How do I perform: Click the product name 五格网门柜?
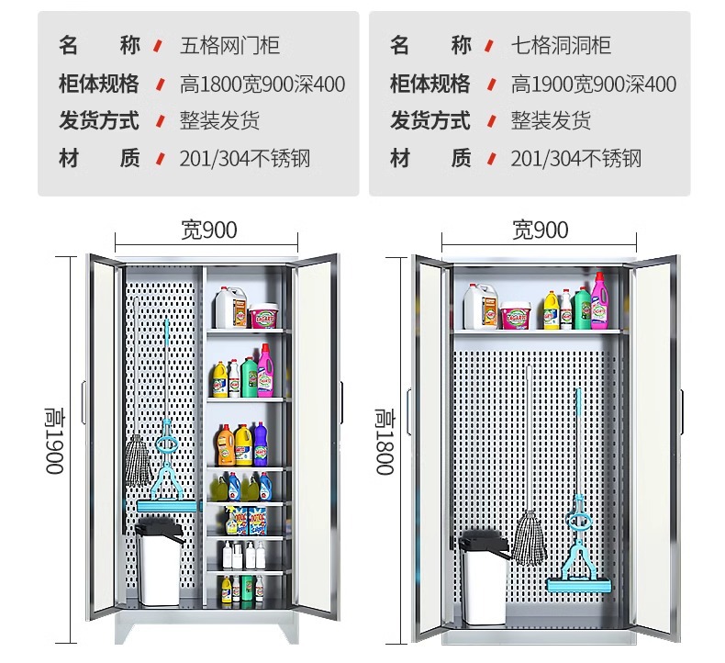[229, 45]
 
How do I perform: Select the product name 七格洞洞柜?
[561, 45]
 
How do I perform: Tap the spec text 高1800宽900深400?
[262, 84]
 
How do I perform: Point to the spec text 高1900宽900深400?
[594, 84]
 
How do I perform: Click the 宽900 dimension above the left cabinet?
[209, 230]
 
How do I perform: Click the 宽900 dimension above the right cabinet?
[540, 230]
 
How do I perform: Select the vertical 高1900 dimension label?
[54, 441]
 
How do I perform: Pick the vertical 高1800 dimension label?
[385, 442]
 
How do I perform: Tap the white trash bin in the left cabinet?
[158, 563]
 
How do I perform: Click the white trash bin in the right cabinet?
[484, 577]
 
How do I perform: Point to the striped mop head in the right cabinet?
[529, 537]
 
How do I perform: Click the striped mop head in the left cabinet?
[139, 460]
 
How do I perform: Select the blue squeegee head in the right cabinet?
[579, 585]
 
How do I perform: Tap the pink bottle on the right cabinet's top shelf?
[598, 300]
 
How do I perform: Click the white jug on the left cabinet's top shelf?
[229, 308]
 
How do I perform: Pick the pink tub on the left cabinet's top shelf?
[263, 316]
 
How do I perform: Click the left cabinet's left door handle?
[84, 402]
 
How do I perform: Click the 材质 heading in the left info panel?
[99, 158]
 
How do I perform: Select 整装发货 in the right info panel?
[551, 120]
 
